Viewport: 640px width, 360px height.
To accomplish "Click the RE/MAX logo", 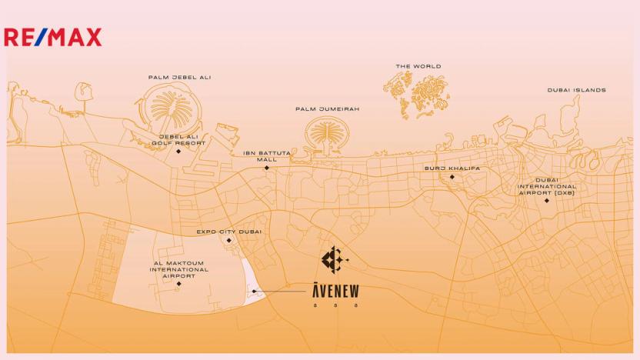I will point(52,37).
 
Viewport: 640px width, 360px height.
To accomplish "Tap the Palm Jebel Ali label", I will point(179,78).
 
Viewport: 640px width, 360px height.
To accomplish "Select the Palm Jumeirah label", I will point(327,109).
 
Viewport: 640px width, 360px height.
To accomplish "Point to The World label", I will point(418,67).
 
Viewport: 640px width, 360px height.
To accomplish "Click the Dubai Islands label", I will point(576,90).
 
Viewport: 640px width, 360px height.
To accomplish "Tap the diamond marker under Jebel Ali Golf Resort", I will point(178,152).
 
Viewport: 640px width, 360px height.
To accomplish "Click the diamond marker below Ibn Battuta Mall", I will point(267,168).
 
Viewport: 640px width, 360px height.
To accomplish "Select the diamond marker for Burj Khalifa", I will point(452,177).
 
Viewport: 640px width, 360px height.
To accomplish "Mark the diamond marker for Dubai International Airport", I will point(547,201).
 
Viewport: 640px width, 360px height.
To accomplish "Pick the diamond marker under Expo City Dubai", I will point(229,240).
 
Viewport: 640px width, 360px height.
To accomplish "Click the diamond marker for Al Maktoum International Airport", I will point(179,284).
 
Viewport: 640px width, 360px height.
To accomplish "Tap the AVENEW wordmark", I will point(335,291).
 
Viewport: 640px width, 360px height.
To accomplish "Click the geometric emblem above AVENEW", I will point(334,260).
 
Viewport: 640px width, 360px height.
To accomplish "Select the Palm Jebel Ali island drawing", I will point(175,107).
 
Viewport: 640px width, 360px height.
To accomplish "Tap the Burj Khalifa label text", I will point(452,168).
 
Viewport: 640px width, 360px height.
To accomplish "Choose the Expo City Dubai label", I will point(229,232).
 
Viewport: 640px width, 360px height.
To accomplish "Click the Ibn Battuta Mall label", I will point(267,156).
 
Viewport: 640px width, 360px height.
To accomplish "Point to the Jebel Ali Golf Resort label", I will point(178,139).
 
